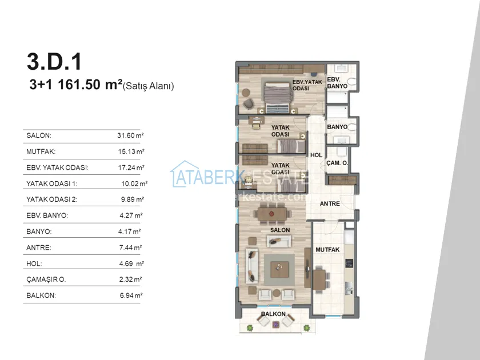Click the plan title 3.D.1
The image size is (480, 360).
tap(54, 62)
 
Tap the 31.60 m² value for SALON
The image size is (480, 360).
tap(130, 135)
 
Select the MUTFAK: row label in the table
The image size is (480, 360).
tap(41, 151)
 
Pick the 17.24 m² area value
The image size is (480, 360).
tap(131, 167)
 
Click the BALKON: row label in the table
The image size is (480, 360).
tap(41, 295)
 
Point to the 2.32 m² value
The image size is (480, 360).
tap(130, 279)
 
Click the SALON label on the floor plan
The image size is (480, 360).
tap(280, 230)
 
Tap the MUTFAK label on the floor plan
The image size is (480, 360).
tap(327, 250)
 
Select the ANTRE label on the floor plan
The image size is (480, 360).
tap(330, 203)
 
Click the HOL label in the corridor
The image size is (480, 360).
tap(316, 155)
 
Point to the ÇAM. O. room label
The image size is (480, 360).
tap(337, 163)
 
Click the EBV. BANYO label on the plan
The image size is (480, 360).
tap(337, 83)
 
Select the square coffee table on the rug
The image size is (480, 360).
tap(279, 270)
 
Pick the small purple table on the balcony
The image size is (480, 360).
tap(276, 324)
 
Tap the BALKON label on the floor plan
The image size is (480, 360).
tap(273, 314)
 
